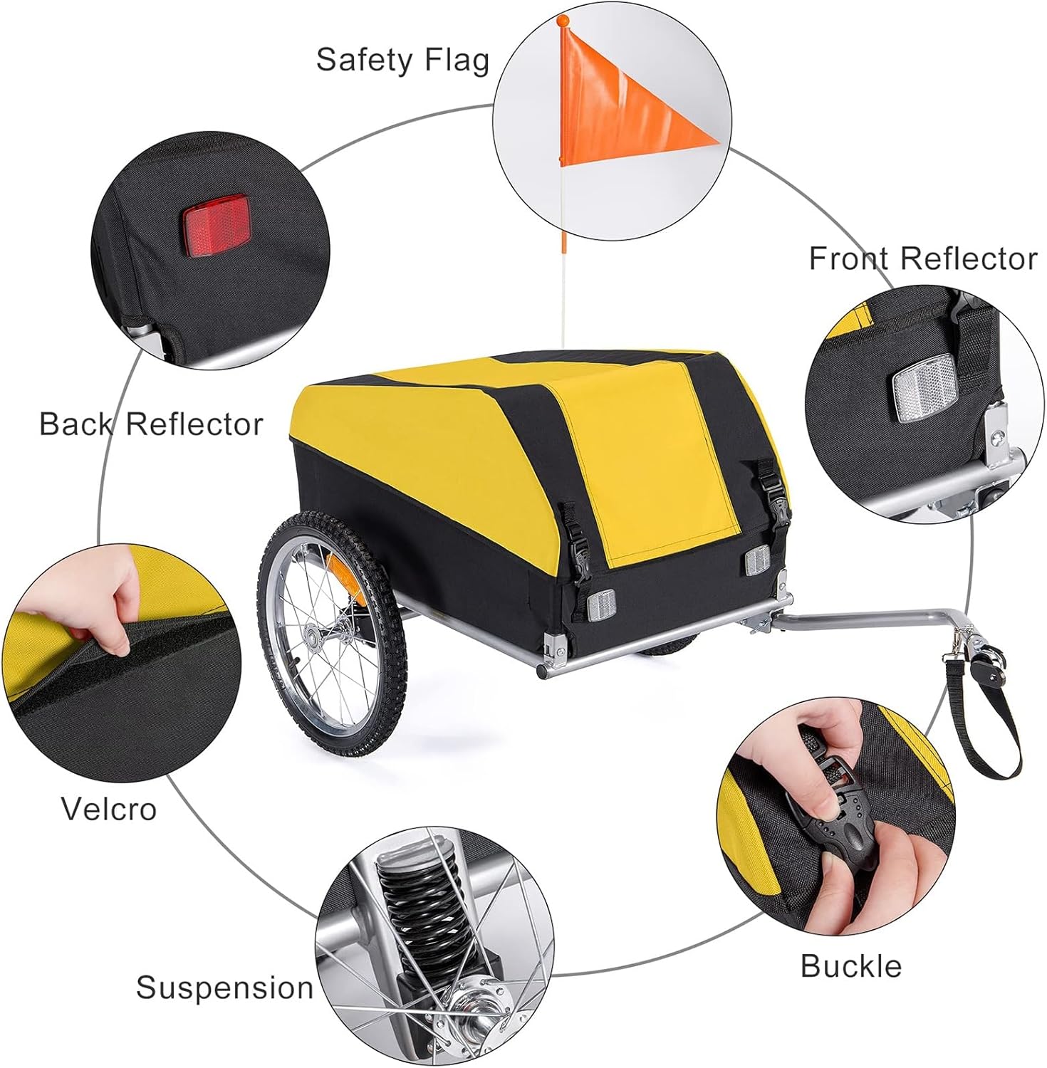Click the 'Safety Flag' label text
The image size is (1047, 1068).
(x=402, y=60)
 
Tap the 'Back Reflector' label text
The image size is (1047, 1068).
(x=150, y=424)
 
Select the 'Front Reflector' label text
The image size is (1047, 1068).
(x=922, y=258)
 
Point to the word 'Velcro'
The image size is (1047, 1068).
(x=108, y=809)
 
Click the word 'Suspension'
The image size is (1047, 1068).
(x=224, y=988)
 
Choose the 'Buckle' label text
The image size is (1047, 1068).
(x=850, y=966)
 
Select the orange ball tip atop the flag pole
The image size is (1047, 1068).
(x=563, y=20)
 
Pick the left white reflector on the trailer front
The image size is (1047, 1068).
(x=600, y=606)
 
